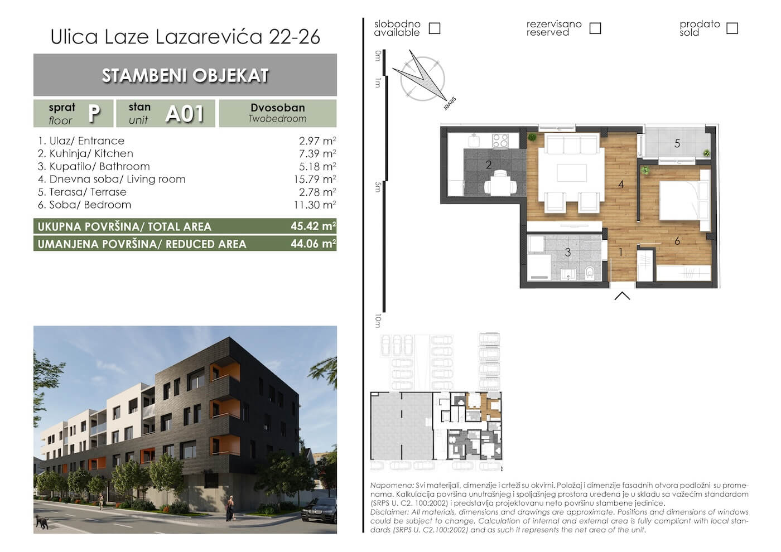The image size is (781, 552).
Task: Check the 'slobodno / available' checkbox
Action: click(435, 28)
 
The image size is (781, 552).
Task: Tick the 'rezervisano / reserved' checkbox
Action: click(595, 28)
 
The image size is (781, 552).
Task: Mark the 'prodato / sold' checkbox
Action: click(732, 28)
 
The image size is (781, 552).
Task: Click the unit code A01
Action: click(185, 114)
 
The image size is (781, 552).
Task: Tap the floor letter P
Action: click(94, 113)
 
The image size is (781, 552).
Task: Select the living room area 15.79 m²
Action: click(315, 179)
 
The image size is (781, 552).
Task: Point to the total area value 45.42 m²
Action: click(313, 226)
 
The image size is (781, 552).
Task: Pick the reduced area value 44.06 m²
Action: click(313, 244)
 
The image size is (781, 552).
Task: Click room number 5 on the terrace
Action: click(677, 144)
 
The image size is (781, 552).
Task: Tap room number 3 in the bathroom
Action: click(568, 252)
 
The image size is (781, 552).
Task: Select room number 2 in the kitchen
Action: click(489, 165)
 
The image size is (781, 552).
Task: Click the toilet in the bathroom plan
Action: click(589, 272)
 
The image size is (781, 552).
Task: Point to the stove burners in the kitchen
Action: click(500, 141)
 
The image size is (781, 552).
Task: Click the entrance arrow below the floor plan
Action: click(622, 296)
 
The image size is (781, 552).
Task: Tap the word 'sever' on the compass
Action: click(450, 104)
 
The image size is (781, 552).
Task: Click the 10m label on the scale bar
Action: click(378, 321)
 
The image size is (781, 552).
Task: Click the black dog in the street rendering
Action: click(42, 522)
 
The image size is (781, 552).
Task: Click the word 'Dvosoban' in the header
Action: click(278, 108)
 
